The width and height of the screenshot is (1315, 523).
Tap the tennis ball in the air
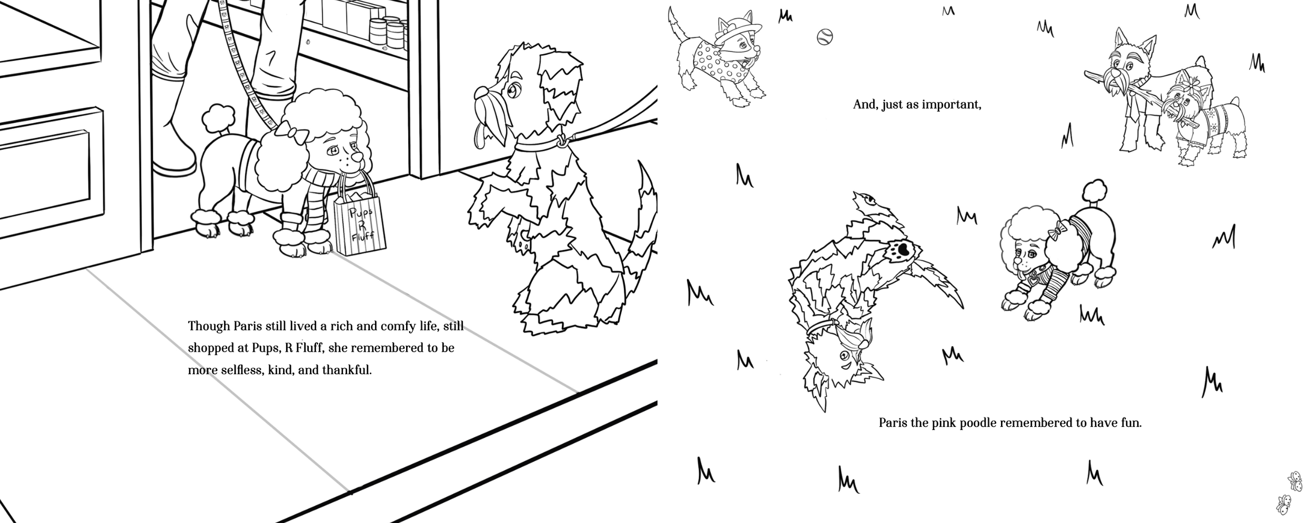825,37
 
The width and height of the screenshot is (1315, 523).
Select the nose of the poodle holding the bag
356,156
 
